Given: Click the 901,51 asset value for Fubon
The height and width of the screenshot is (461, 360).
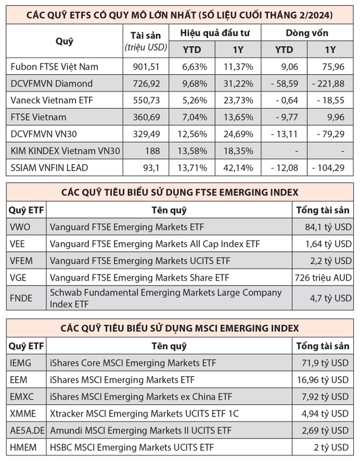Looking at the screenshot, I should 145,66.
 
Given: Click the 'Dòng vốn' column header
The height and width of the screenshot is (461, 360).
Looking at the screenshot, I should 307,33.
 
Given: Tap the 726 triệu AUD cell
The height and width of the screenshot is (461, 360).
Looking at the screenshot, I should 323,277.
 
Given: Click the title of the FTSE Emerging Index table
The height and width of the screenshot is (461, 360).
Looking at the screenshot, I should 180,192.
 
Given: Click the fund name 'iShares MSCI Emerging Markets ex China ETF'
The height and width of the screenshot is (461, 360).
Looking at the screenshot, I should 141,396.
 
